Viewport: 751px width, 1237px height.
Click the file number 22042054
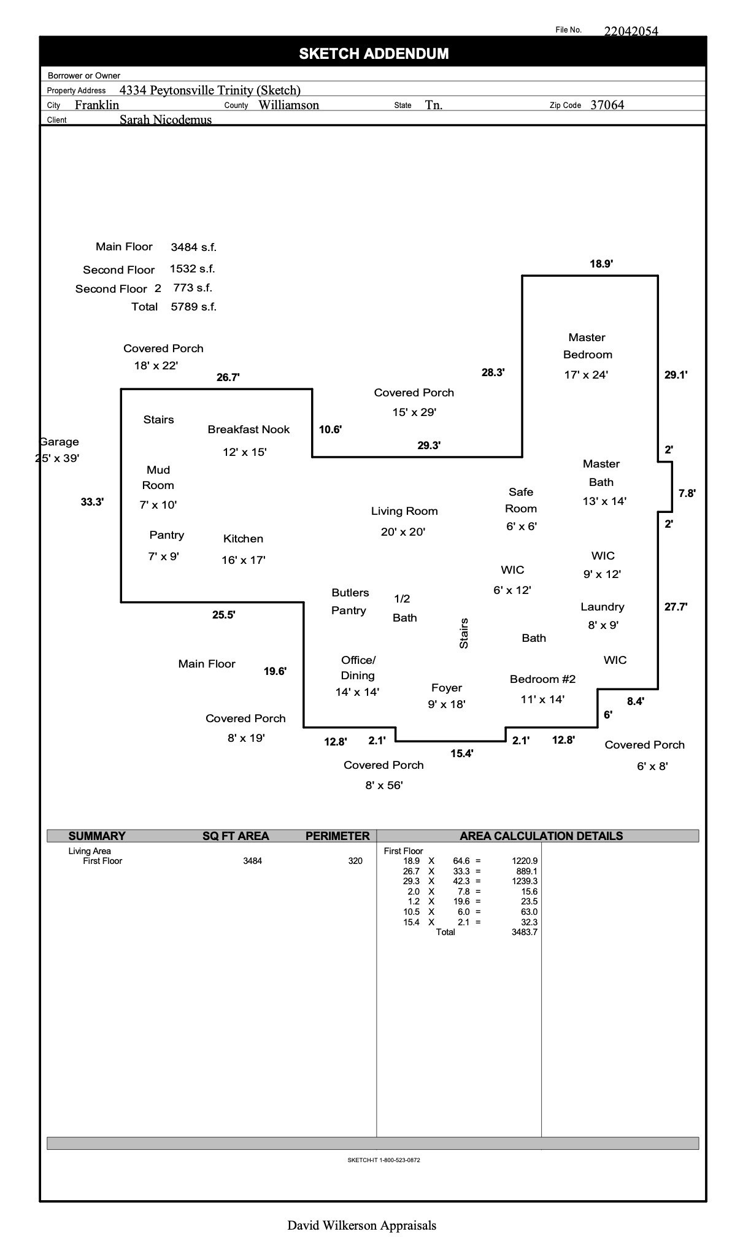(631, 31)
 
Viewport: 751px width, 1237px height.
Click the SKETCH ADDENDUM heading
(374, 54)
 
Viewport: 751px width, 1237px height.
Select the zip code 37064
(607, 105)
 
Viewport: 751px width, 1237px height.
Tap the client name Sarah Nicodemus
(165, 120)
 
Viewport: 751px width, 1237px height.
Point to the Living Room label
(404, 511)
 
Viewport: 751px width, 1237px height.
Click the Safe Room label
(521, 500)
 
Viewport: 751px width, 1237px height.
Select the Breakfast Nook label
(248, 430)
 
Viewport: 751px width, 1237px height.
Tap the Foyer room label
(447, 688)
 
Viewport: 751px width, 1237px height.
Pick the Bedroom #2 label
(542, 679)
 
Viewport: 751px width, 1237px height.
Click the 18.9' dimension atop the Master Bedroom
(601, 264)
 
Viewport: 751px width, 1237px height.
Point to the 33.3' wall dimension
(92, 502)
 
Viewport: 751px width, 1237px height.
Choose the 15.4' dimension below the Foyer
(461, 753)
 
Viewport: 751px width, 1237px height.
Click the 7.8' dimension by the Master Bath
(687, 493)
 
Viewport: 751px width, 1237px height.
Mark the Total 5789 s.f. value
(193, 307)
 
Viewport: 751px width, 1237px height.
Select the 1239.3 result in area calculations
(525, 881)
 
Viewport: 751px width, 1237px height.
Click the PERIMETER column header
(337, 836)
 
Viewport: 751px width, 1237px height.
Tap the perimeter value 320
(355, 861)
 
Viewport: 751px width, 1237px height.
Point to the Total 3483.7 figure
(524, 932)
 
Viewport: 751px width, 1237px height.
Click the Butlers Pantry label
(350, 601)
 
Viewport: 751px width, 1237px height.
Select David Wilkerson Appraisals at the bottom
(361, 1225)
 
